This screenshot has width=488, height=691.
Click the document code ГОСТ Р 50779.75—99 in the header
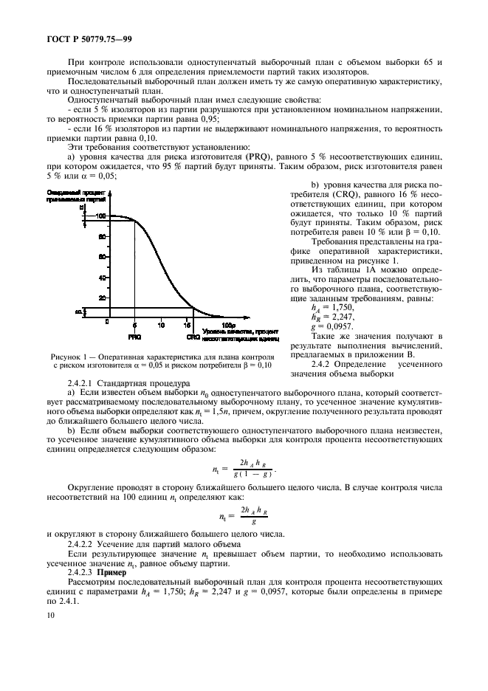pos(86,38)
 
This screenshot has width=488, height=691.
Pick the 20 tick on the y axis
pos(103,298)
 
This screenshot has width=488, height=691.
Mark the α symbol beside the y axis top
pos(81,209)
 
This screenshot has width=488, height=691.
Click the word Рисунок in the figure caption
pos(64,356)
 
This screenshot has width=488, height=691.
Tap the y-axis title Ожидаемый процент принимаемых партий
pos(73,195)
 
